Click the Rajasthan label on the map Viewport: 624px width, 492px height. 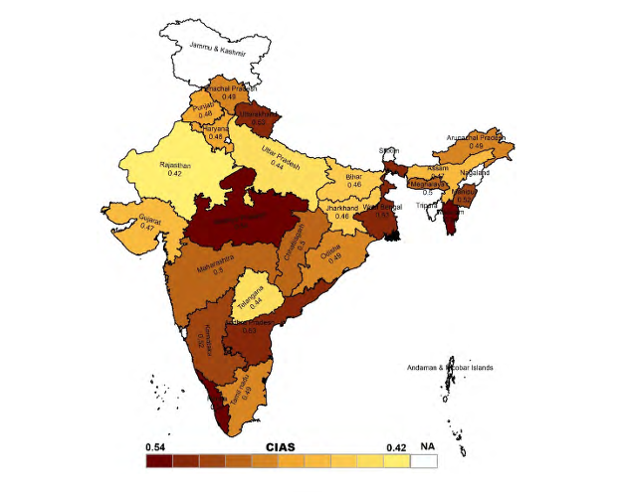175,164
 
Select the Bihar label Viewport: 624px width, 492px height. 353,175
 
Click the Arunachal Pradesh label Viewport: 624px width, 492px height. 476,137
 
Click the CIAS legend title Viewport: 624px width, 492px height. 279,448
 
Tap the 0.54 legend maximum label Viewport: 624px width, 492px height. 156,448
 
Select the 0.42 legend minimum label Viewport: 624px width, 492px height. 397,448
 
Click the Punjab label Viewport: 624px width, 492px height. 204,106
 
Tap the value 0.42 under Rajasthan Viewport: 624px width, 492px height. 175,174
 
